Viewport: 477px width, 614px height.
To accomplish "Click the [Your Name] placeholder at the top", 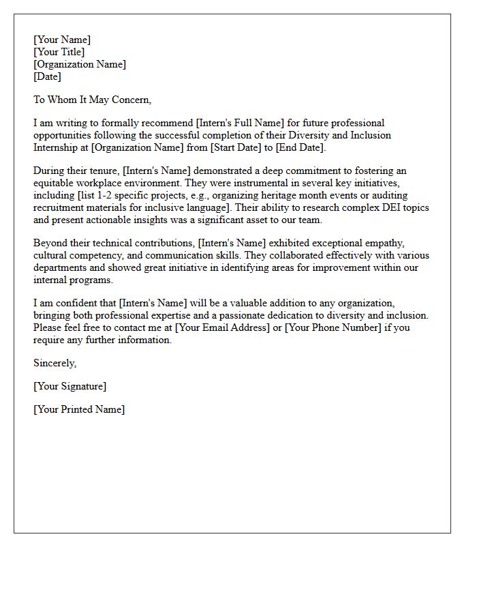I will tap(62, 40).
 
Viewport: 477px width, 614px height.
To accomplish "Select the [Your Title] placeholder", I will tap(59, 52).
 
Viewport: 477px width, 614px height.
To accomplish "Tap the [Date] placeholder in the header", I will tap(47, 76).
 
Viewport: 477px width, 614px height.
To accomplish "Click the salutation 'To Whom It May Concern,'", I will tap(92, 100).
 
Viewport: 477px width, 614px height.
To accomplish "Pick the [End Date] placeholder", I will tap(301, 147).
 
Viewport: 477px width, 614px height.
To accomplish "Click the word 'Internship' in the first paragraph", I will tap(61, 147).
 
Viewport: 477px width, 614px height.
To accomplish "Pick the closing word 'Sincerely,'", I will tap(55, 363).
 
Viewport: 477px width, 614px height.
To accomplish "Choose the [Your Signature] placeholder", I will tap(70, 386).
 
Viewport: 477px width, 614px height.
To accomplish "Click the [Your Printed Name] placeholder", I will tap(79, 409).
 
